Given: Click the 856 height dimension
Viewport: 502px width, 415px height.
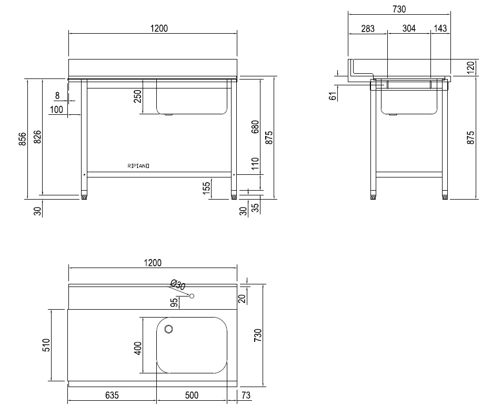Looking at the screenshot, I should [22, 139].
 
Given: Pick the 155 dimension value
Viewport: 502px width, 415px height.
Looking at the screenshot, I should [207, 186].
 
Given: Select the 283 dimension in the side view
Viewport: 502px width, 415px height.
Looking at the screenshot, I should [368, 28].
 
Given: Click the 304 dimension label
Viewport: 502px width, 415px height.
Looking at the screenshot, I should [409, 28].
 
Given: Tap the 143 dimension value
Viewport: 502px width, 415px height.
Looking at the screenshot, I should [440, 28].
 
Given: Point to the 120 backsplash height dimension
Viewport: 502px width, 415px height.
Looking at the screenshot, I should [471, 66].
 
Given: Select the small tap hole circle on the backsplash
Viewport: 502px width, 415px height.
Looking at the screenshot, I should [193, 295].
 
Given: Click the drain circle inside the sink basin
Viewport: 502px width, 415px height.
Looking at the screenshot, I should [169, 330].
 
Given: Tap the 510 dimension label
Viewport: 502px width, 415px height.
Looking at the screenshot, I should [46, 345].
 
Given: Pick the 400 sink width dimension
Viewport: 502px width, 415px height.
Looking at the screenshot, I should [138, 348].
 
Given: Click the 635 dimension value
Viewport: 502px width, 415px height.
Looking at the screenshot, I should [112, 395].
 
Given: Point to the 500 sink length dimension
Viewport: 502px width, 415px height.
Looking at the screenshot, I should [192, 395].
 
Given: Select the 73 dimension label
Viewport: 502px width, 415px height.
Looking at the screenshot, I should [245, 395].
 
